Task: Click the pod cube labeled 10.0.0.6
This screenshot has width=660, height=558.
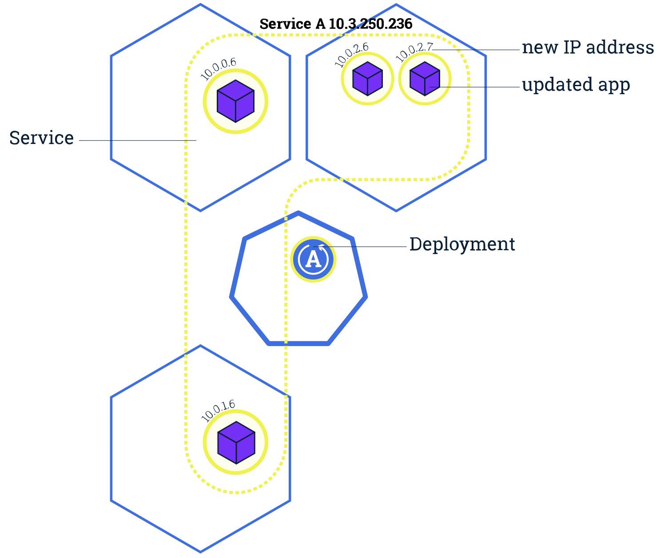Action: pos(235,101)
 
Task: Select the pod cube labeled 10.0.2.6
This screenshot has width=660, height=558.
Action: pos(367,79)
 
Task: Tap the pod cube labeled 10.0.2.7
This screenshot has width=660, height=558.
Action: pos(425,79)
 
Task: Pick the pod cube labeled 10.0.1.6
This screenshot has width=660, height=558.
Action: pos(236,442)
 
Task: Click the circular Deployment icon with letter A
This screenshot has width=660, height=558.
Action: pos(313,259)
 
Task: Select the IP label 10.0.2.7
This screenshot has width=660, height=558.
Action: pos(413,52)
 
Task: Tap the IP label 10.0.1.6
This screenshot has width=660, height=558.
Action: pos(218,411)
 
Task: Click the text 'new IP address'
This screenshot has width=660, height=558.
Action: pos(588,48)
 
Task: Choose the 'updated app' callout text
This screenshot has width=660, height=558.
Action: pos(576,84)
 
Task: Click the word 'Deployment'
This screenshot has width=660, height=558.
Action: pos(462,244)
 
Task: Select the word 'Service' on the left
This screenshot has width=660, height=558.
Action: pos(41,138)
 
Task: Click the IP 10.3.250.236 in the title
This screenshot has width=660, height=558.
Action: pos(370,24)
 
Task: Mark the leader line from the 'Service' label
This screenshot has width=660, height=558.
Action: pos(138,141)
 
